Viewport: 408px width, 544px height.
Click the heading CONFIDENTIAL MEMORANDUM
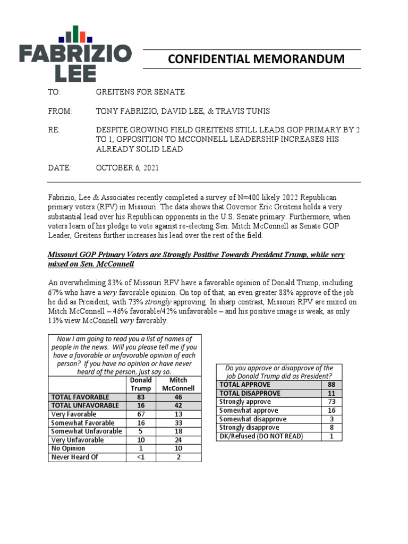[x=256, y=59]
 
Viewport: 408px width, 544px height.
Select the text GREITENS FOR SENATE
[x=140, y=92]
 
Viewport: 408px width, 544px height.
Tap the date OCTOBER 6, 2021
[x=127, y=168]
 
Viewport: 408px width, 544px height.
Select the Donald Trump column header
[x=141, y=384]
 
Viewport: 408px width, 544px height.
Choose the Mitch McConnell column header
[x=178, y=384]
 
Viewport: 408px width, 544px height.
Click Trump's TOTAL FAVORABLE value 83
[x=141, y=397]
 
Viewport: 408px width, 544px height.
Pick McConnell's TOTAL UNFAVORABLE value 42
[x=178, y=405]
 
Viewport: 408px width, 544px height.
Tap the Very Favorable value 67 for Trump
[x=141, y=414]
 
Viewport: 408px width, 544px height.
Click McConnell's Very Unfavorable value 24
[x=178, y=440]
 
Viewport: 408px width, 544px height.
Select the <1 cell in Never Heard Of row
[x=141, y=457]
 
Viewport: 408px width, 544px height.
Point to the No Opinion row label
[x=68, y=448]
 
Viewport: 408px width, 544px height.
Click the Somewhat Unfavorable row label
[x=87, y=431]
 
